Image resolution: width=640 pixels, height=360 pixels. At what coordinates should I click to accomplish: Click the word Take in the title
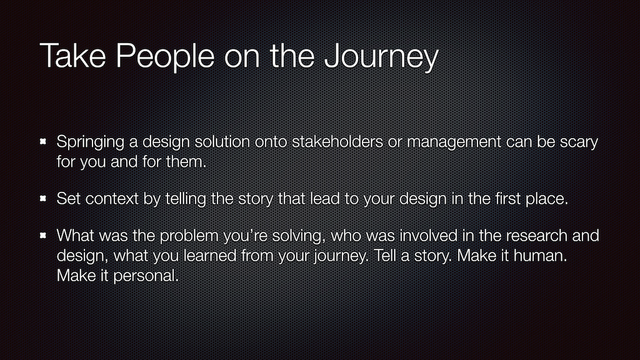click(x=73, y=56)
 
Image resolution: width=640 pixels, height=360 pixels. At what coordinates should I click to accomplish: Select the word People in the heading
click(x=165, y=56)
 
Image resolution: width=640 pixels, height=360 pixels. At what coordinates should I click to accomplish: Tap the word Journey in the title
click(x=381, y=56)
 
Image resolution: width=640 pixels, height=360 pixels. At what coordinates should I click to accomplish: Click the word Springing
click(x=90, y=142)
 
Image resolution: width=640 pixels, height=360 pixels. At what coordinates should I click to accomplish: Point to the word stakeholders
click(x=337, y=142)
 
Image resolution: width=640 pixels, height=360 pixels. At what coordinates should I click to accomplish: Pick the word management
click(x=454, y=142)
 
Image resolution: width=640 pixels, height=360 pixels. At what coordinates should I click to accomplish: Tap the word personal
click(x=146, y=276)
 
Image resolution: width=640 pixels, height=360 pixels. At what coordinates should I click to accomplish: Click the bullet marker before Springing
click(x=43, y=142)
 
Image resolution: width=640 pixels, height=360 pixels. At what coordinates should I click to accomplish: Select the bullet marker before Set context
click(x=43, y=199)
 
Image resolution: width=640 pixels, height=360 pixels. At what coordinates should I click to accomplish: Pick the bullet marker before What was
click(x=43, y=236)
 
